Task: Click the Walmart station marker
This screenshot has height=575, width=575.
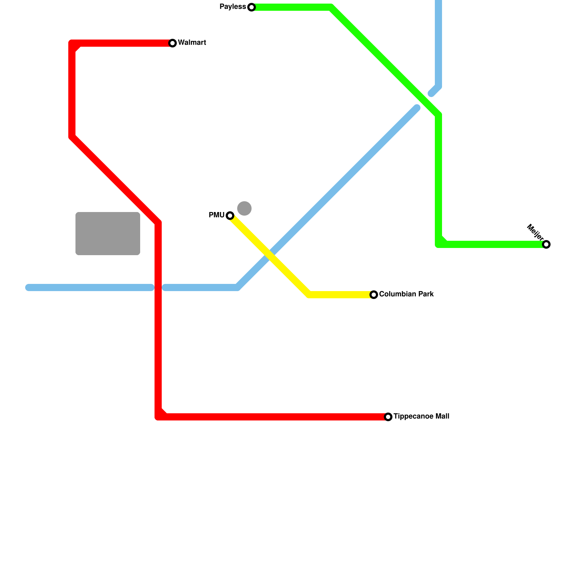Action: click(x=172, y=43)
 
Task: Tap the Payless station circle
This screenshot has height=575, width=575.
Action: click(x=252, y=7)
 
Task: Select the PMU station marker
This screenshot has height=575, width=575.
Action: click(x=230, y=216)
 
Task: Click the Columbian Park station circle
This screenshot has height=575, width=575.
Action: click(x=374, y=295)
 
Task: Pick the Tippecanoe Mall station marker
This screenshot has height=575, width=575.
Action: click(x=388, y=417)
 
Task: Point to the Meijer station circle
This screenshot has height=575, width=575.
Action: click(x=546, y=244)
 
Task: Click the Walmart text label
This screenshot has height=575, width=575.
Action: click(x=192, y=43)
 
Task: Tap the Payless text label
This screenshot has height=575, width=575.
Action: click(x=233, y=7)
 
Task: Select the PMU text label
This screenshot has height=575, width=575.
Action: click(x=216, y=215)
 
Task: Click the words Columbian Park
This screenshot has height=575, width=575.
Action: click(x=406, y=294)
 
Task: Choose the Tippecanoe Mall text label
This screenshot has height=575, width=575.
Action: click(x=421, y=417)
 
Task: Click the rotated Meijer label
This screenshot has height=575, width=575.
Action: click(x=535, y=232)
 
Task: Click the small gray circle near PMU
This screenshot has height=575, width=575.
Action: click(x=244, y=208)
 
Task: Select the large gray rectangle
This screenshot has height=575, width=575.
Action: click(x=108, y=234)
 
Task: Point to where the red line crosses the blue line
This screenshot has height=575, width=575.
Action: click(x=158, y=287)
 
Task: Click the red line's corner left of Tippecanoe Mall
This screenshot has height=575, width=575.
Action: click(x=158, y=417)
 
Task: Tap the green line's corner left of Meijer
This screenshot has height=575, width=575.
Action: click(x=438, y=244)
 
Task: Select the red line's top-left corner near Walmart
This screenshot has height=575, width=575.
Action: click(x=72, y=43)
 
